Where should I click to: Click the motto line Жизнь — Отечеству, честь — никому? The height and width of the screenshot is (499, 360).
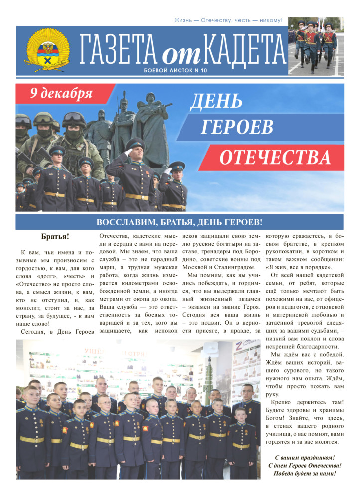pos(228,20)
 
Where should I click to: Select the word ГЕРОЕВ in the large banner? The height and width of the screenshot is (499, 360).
pos(230,128)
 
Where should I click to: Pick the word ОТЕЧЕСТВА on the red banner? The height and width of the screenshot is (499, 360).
pos(275,157)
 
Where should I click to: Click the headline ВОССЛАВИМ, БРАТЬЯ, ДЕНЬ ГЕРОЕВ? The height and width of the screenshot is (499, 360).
pos(180,222)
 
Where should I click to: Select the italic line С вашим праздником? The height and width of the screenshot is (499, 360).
pos(305,457)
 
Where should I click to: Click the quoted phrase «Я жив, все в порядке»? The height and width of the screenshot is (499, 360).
pos(297,267)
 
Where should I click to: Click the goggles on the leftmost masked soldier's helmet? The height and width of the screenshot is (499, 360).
pos(22,121)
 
